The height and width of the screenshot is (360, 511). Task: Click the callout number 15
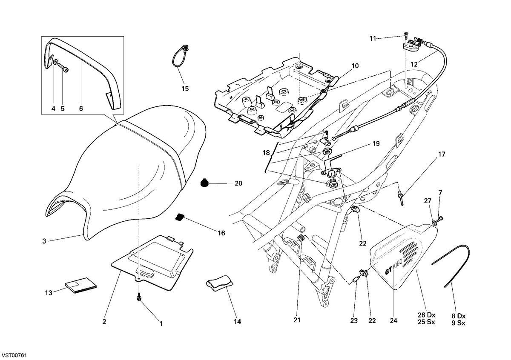(x=185, y=89)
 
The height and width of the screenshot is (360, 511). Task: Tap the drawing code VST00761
(x=14, y=355)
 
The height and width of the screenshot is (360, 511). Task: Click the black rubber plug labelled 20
(x=204, y=183)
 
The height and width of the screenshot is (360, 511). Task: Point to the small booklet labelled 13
(x=81, y=286)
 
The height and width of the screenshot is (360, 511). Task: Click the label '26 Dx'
(x=427, y=315)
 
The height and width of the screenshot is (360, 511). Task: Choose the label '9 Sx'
(x=458, y=323)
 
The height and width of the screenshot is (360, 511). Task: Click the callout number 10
(x=355, y=66)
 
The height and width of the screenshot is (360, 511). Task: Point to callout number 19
(x=376, y=144)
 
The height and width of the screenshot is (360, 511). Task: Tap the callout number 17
(x=442, y=154)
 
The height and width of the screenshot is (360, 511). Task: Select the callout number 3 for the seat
(x=44, y=241)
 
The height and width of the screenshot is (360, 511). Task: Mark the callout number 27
(x=428, y=200)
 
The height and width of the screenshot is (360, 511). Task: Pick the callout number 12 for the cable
(x=414, y=64)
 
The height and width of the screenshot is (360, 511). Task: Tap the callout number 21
(x=297, y=320)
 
